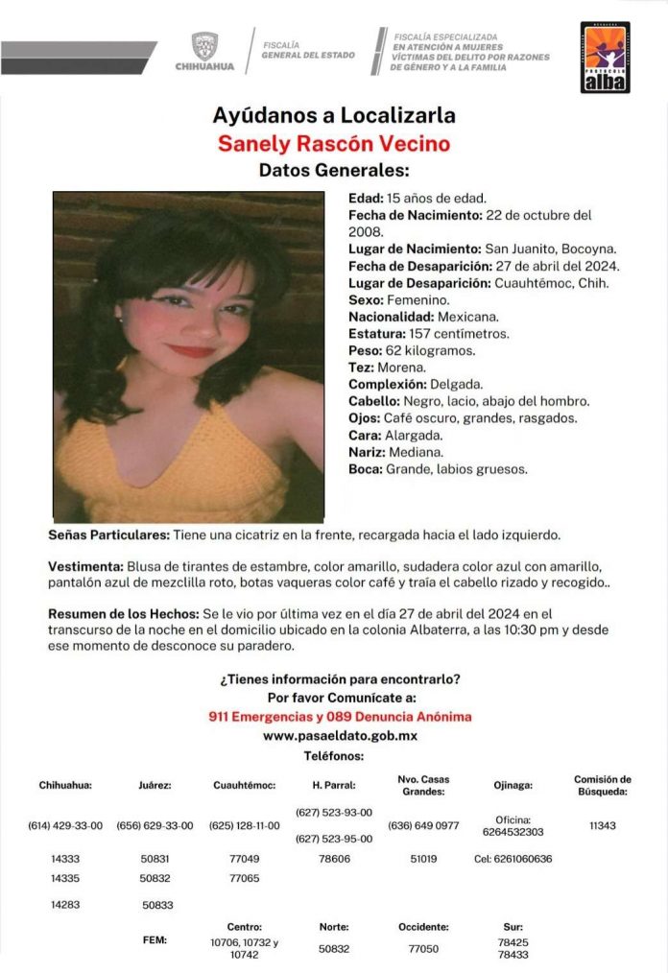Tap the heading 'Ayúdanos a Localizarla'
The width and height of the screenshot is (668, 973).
[333, 117]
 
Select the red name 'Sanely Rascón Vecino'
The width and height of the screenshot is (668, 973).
[333, 144]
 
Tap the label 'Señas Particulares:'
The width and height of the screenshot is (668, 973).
[108, 534]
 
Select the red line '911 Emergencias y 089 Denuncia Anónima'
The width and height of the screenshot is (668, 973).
[340, 717]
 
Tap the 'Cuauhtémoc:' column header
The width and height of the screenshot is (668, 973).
[244, 785]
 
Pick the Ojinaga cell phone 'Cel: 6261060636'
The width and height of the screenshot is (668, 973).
[513, 859]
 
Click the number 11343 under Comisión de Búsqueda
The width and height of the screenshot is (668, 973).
[603, 825]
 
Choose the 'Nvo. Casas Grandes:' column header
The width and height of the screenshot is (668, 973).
[422, 785]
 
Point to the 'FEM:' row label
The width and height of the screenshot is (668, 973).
[154, 939]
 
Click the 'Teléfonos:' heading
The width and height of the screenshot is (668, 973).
[333, 756]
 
